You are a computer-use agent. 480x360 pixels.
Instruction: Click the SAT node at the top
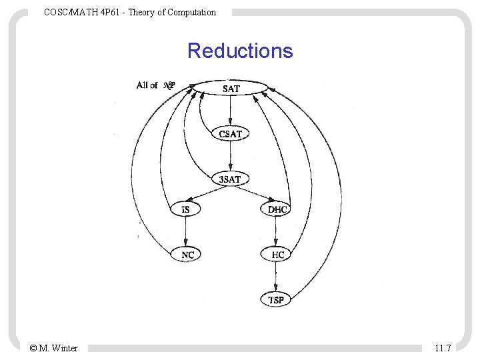tap(231, 89)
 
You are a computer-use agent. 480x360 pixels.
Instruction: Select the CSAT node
tap(231, 133)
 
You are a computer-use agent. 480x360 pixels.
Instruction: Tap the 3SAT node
tap(230, 179)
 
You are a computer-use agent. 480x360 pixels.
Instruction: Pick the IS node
tap(185, 209)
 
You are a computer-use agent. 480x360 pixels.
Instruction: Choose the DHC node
tap(277, 209)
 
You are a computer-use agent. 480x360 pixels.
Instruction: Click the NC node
tap(187, 255)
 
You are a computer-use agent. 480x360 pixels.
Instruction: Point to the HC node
tap(277, 255)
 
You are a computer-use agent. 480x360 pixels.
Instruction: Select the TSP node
tap(276, 300)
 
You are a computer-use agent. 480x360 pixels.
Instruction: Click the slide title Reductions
tap(240, 51)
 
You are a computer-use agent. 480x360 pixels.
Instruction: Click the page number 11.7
tap(443, 348)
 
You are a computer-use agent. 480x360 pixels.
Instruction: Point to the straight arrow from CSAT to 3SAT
tap(230, 156)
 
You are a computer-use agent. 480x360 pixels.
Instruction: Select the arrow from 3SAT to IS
tap(208, 194)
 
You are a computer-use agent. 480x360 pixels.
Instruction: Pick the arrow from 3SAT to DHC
tap(253, 194)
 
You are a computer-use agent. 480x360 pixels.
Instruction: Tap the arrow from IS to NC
tap(186, 232)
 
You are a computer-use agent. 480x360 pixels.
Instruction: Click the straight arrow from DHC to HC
tap(276, 232)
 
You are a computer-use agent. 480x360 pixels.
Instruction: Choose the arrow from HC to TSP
tap(276, 277)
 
